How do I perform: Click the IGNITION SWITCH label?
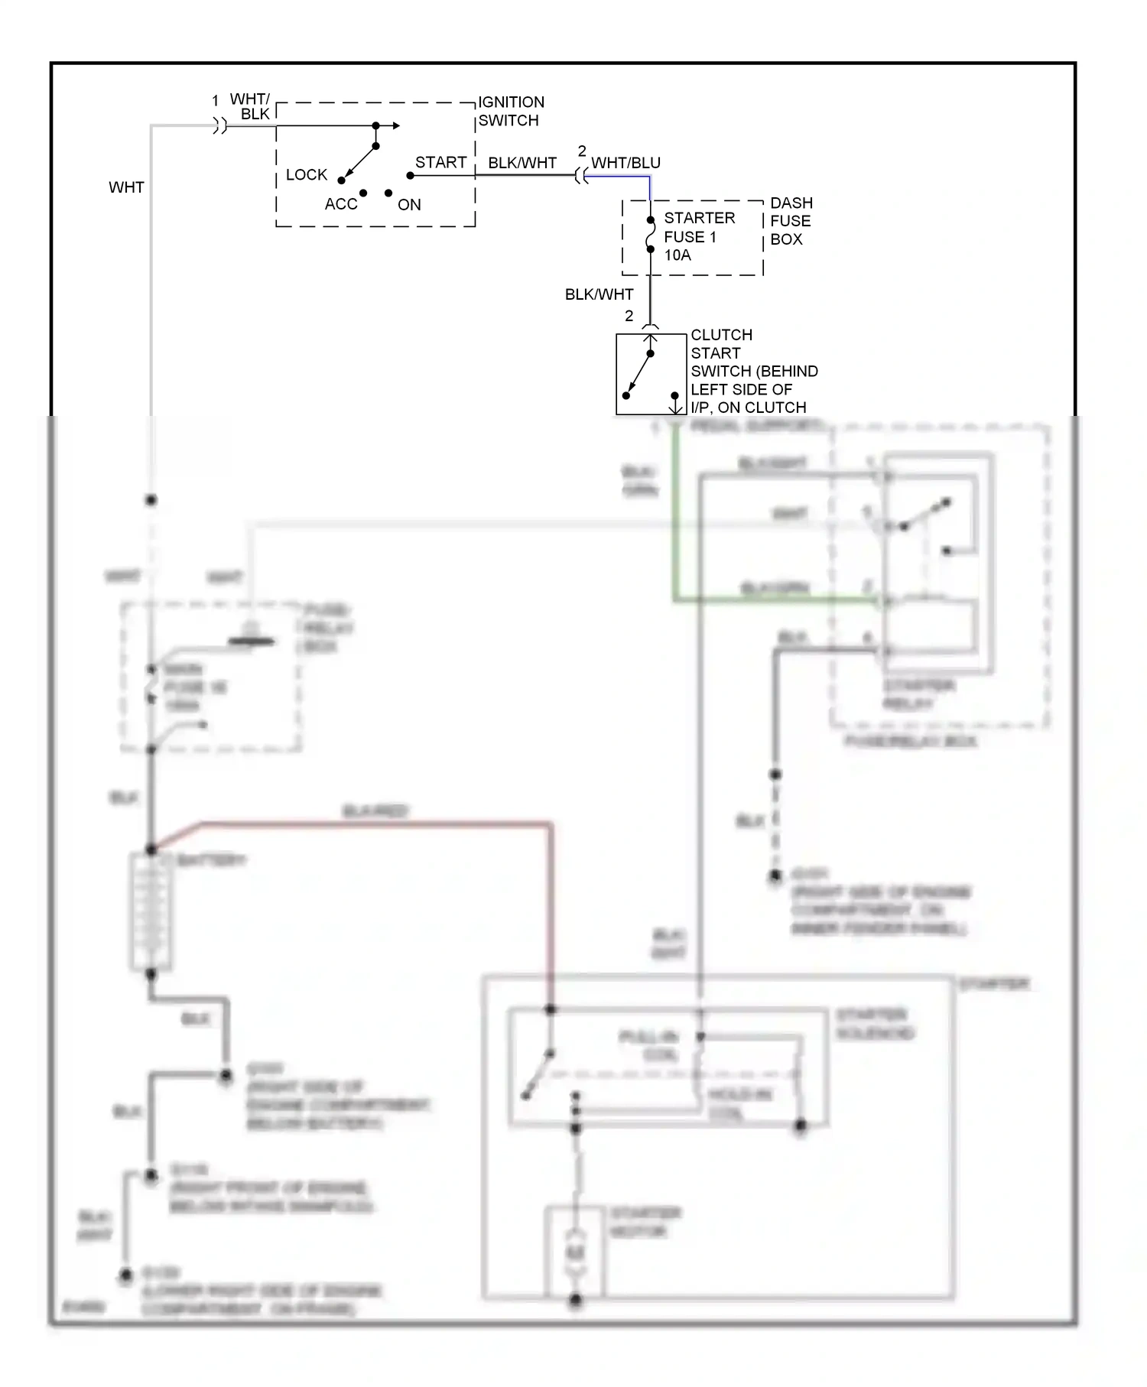511,111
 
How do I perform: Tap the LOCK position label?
306,174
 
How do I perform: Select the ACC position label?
340,204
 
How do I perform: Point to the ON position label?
409,204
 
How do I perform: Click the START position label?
440,162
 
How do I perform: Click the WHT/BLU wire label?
625,163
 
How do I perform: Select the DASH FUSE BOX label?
791,221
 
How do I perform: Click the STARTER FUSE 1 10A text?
699,236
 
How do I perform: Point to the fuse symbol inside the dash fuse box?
650,234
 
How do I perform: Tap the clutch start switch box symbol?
651,375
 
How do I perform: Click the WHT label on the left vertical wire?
126,187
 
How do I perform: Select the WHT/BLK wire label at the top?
252,106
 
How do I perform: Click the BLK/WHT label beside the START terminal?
522,163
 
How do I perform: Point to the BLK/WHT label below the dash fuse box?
599,294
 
